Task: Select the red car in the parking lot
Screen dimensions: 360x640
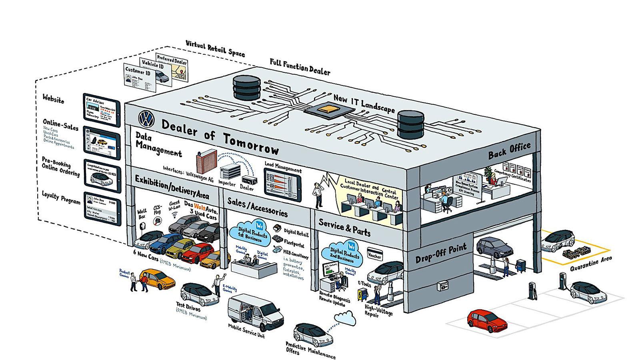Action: tap(487, 320)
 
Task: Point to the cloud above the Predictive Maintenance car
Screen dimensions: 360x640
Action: tap(345, 318)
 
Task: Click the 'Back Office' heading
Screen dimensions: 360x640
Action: tap(509, 150)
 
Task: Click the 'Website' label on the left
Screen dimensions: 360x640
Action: tap(53, 98)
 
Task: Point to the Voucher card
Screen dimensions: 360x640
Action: tap(374, 254)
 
